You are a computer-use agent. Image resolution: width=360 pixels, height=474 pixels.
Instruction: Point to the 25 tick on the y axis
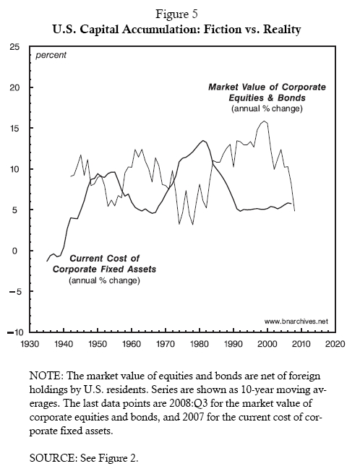pyautogui.click(x=14, y=47)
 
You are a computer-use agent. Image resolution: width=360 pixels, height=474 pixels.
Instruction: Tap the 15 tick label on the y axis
pyautogui.click(x=14, y=129)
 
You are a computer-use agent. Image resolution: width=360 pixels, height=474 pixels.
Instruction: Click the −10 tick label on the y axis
pyautogui.click(x=12, y=332)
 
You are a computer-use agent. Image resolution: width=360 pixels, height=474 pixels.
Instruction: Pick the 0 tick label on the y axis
pyautogui.click(x=17, y=251)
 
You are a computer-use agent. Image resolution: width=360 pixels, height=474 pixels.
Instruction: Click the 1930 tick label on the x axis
pyautogui.click(x=30, y=344)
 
